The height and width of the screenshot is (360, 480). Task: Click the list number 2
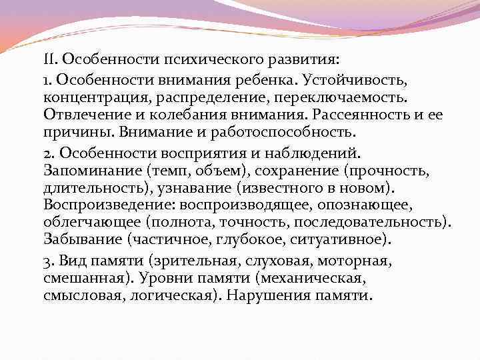(46, 151)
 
